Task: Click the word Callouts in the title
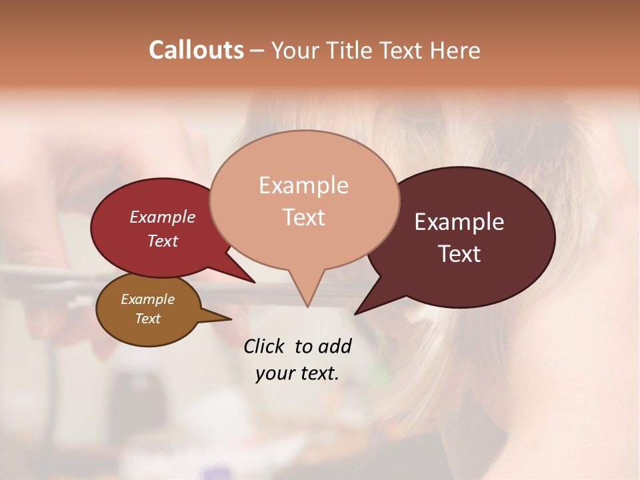(197, 50)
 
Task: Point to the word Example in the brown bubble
(147, 299)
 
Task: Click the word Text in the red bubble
(163, 241)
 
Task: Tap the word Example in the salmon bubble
(303, 185)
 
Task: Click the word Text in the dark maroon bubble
(459, 254)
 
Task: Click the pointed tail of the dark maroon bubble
(360, 310)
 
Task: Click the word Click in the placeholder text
(265, 347)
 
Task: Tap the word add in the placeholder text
(334, 347)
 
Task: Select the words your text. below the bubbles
(297, 373)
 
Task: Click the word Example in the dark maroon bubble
(459, 222)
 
